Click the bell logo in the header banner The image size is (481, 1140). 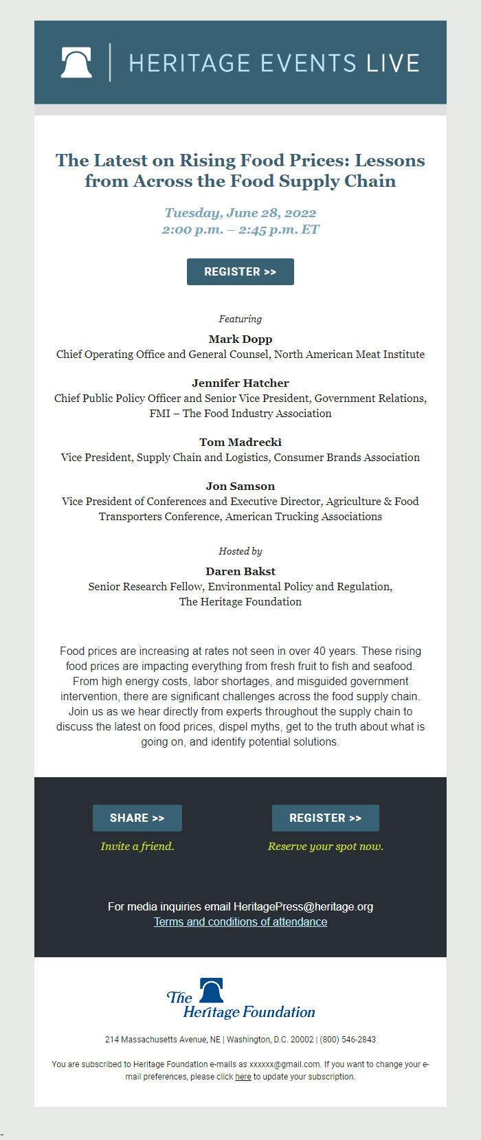(76, 63)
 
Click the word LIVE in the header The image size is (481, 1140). (392, 63)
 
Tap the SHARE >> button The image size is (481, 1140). (137, 818)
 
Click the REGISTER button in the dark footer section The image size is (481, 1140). (325, 818)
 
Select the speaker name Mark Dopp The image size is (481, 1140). (240, 339)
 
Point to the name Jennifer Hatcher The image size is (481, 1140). (240, 383)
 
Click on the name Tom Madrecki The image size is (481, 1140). (240, 442)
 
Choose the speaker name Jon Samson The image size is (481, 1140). (240, 486)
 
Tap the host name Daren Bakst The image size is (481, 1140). (240, 571)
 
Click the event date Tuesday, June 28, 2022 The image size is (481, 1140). (240, 213)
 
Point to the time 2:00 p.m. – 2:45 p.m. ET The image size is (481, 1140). (240, 230)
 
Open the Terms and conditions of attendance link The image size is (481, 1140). (240, 921)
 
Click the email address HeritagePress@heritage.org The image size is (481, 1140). (303, 906)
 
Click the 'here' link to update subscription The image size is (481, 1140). (243, 1077)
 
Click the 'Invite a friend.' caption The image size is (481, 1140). (137, 846)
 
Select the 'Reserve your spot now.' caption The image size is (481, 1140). (325, 846)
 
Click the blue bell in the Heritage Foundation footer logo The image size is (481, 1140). (212, 990)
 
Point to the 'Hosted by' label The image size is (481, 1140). (240, 551)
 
